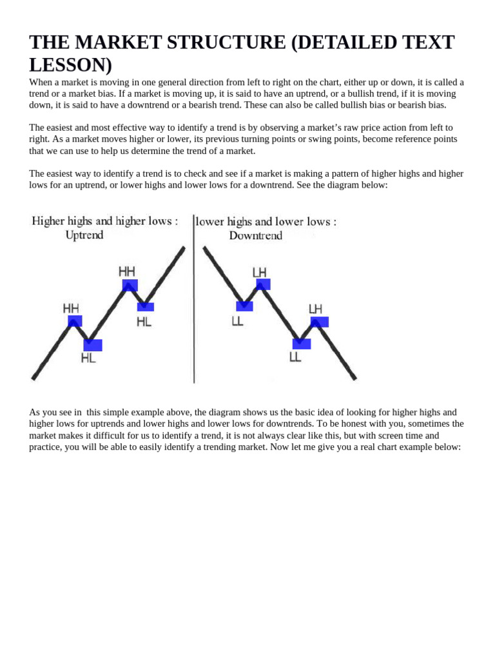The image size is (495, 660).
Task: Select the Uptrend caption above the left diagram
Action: click(84, 235)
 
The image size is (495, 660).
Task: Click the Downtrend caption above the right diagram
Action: click(256, 236)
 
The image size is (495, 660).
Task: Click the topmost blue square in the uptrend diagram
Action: click(130, 285)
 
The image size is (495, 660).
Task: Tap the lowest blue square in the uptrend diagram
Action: click(93, 345)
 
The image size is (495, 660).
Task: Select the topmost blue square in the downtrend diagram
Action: click(263, 284)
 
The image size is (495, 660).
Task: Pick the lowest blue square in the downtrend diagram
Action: click(302, 344)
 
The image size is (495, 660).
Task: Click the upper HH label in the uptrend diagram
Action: click(127, 271)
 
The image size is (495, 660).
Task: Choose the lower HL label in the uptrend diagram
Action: click(88, 358)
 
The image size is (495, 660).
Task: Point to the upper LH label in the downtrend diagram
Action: click(260, 272)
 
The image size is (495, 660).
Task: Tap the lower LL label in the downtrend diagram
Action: click(295, 357)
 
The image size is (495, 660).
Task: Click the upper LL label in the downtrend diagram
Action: click(237, 320)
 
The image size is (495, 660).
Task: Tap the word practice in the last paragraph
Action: click(44, 447)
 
